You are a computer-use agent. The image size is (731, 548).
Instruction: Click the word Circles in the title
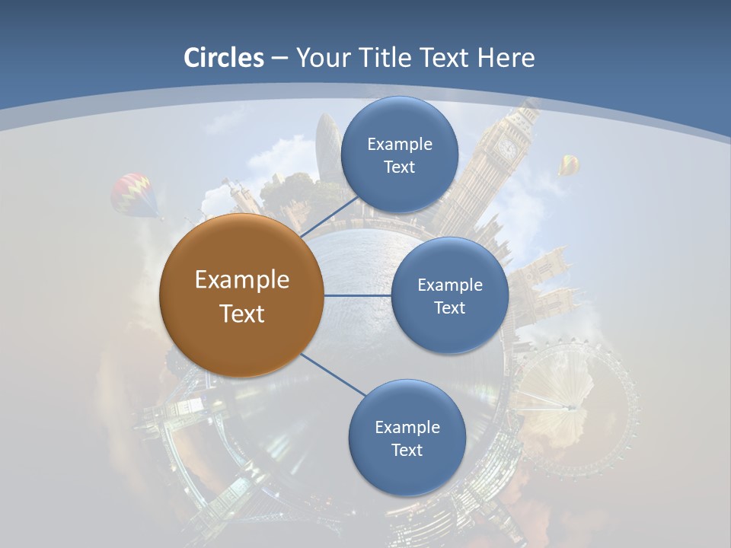coord(224,57)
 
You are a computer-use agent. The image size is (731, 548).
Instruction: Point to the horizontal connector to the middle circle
coord(358,295)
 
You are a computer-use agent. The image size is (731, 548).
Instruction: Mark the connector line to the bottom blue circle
coord(334,374)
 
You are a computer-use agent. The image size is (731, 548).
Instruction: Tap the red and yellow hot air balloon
coord(134,193)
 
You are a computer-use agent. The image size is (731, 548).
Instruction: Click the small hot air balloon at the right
coord(568,164)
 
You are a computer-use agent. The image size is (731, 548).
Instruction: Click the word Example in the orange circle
coord(241,280)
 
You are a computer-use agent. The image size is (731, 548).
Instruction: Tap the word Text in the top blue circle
coord(400,167)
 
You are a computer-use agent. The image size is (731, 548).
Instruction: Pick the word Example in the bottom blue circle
coord(407,427)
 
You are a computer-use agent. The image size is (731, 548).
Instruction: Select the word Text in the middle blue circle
coord(449,307)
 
